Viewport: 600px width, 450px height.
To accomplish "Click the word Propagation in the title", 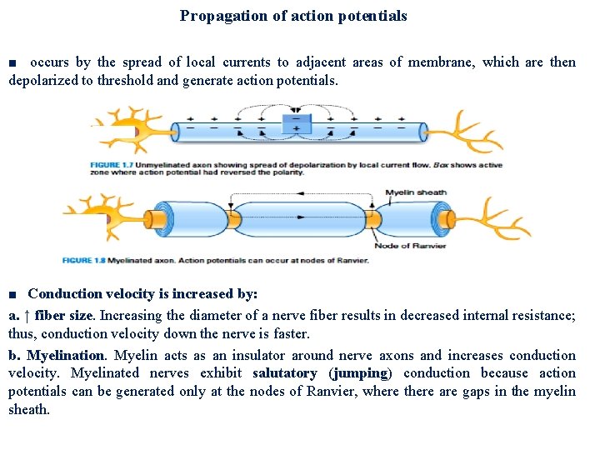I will (216, 16).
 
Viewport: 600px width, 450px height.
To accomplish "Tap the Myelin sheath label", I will (416, 192).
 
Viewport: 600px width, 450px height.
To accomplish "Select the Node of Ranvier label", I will (409, 245).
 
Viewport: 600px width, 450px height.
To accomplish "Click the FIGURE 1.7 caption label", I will (116, 164).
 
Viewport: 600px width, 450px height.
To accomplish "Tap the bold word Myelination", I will (66, 355).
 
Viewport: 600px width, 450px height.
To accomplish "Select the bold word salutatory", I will (284, 373).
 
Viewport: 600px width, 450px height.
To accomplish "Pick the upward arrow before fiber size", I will (27, 317).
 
